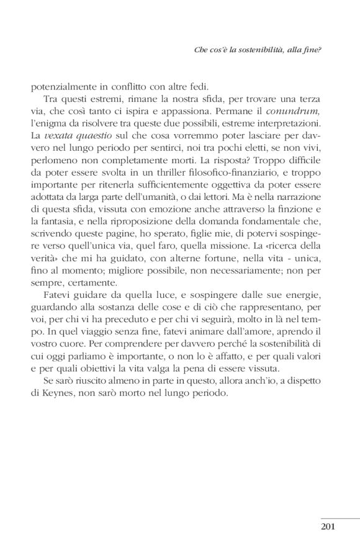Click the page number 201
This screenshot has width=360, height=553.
pos(328,528)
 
